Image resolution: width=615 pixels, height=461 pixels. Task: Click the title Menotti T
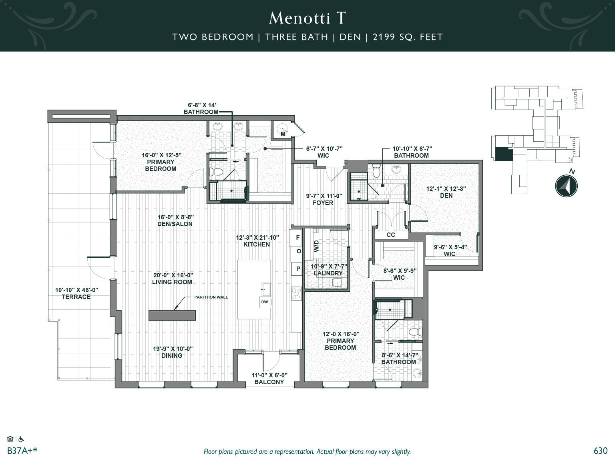click(x=307, y=18)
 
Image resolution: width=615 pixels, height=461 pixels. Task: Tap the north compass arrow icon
click(x=566, y=186)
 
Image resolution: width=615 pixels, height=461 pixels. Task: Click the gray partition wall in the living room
click(x=172, y=315)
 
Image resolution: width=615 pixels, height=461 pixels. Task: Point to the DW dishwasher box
click(x=265, y=302)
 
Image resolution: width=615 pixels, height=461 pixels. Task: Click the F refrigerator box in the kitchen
click(x=297, y=238)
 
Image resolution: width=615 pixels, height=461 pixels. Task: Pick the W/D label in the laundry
click(x=317, y=246)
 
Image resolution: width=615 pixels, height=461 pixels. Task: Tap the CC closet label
click(x=391, y=235)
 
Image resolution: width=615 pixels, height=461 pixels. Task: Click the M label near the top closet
click(x=283, y=134)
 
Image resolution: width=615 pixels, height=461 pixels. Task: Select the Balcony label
click(x=269, y=382)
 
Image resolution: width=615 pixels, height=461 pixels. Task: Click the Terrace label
click(x=76, y=297)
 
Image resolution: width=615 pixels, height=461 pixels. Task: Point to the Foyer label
click(x=323, y=203)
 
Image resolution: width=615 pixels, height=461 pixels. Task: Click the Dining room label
click(x=172, y=356)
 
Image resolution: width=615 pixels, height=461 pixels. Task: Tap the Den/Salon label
click(x=175, y=224)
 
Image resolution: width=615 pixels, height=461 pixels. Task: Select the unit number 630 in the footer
click(x=600, y=451)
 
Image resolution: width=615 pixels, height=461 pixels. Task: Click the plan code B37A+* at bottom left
click(x=22, y=451)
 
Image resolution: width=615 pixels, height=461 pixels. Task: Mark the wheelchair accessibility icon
click(x=21, y=439)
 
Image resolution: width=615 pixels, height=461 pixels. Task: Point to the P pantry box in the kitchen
click(x=297, y=269)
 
